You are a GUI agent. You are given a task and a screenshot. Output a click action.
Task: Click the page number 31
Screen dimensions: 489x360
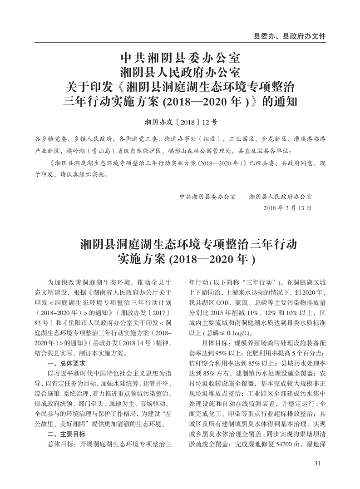317,463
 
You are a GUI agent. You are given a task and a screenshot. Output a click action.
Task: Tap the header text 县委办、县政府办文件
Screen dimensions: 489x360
290,35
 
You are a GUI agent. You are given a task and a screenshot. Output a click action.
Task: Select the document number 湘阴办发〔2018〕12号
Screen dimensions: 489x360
181,122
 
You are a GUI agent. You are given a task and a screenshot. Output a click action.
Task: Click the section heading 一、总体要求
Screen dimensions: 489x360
66,364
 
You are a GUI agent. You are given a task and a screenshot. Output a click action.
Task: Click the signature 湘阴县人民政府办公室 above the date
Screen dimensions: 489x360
281,197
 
